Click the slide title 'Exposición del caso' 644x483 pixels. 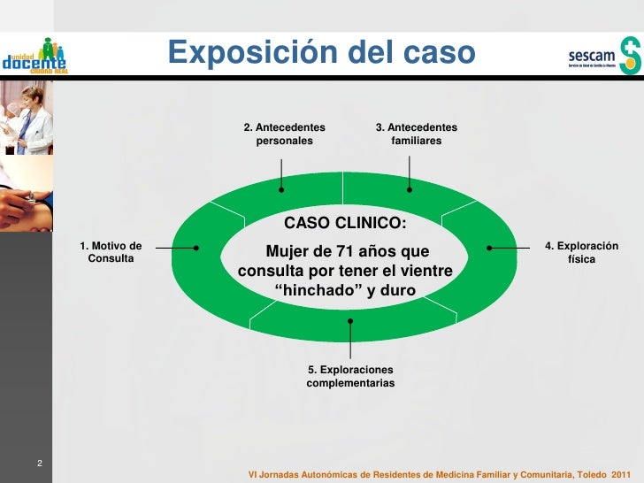[x=322, y=54]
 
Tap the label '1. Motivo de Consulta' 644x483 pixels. [x=111, y=252]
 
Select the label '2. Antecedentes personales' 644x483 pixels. [x=284, y=134]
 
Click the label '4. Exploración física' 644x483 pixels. [x=581, y=252]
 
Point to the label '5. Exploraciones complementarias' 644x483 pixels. [x=350, y=376]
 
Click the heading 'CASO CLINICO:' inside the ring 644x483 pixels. [x=345, y=222]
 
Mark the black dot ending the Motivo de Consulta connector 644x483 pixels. [x=195, y=248]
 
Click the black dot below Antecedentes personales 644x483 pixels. [x=281, y=188]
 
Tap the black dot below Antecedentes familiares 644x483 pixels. [x=410, y=188]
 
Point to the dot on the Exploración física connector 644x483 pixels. [x=488, y=248]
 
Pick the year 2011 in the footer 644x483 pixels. [x=622, y=473]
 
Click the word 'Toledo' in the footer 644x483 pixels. [x=590, y=473]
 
